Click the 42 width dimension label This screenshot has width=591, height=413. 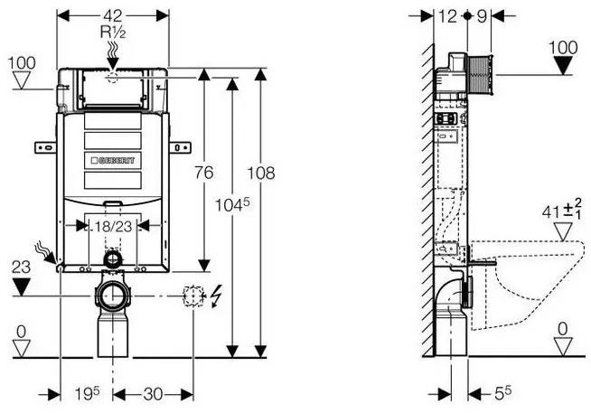[113, 16]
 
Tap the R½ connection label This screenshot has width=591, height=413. [113, 32]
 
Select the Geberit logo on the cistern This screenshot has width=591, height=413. [113, 161]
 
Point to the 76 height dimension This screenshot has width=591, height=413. [204, 173]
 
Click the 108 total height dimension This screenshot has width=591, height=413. [261, 173]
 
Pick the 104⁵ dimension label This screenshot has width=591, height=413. [232, 205]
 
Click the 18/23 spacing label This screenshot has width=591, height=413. [113, 227]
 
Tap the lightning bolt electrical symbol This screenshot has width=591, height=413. [216, 296]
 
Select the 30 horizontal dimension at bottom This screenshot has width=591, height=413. [153, 395]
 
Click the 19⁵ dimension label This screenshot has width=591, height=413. [87, 394]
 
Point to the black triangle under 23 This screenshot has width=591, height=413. [21, 286]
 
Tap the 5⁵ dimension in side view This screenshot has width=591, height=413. [502, 393]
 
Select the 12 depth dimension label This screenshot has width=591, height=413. [448, 16]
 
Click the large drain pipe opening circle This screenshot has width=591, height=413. [112, 296]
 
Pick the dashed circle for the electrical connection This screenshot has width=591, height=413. [193, 296]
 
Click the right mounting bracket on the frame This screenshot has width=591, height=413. [180, 147]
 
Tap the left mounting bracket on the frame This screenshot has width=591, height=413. [45, 147]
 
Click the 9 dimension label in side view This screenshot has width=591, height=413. [482, 16]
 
